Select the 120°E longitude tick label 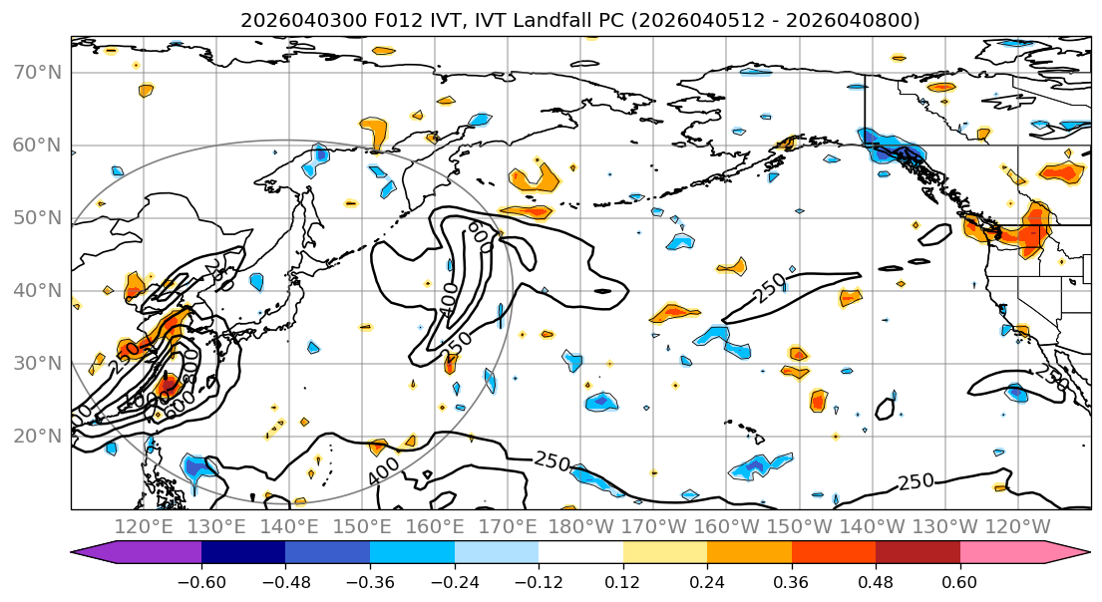145,526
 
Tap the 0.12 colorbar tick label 622,580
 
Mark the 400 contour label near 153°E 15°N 384,471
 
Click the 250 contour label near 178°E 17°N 551,460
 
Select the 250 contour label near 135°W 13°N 916,482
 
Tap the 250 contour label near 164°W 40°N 768,289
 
